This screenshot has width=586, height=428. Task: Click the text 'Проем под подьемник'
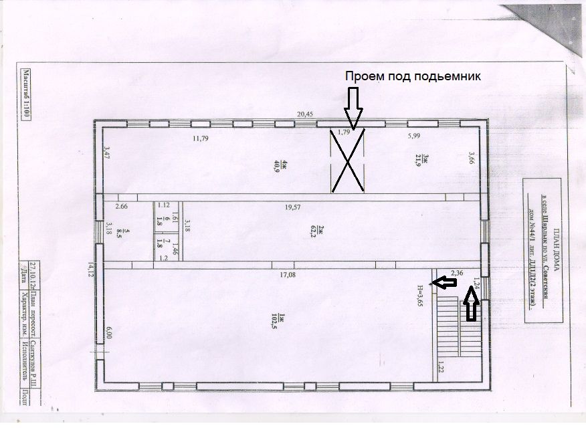click(413, 76)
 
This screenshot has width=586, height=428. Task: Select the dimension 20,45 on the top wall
click(305, 114)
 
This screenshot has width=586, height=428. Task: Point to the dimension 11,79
click(201, 138)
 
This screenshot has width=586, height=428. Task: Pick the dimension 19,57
click(293, 207)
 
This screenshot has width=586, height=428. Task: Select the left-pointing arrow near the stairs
click(444, 283)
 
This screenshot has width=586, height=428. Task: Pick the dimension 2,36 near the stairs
click(458, 273)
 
